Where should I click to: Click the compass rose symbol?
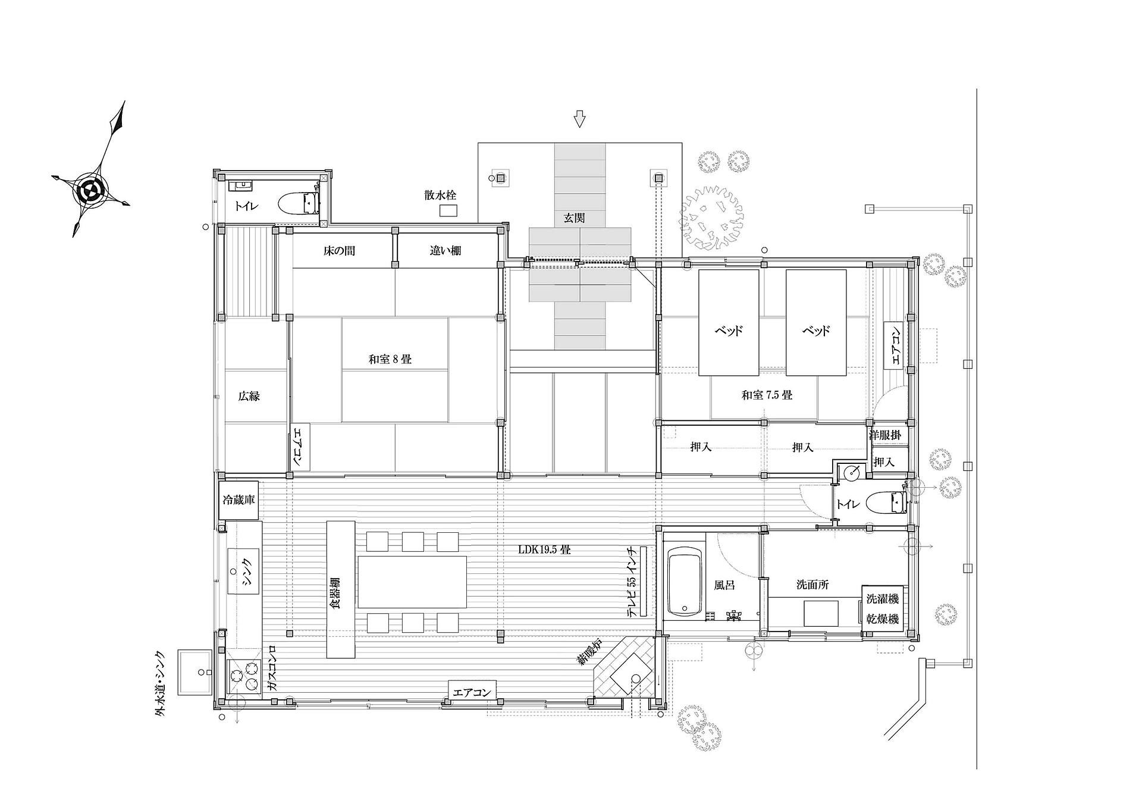90,190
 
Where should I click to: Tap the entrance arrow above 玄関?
580,118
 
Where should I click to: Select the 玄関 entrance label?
574,218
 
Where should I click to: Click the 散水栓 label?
441,195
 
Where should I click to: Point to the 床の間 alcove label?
339,251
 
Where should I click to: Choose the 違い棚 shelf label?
445,251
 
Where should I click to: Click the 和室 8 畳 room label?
390,359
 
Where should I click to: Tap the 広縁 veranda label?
249,396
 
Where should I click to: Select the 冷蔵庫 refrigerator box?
239,500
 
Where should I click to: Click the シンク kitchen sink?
244,571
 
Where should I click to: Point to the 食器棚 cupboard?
341,589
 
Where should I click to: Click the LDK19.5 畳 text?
544,550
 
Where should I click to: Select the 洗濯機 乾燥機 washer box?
882,608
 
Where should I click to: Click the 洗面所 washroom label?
812,585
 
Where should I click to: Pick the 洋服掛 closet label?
885,435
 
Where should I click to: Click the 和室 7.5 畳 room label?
767,394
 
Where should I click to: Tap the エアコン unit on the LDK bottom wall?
472,693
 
